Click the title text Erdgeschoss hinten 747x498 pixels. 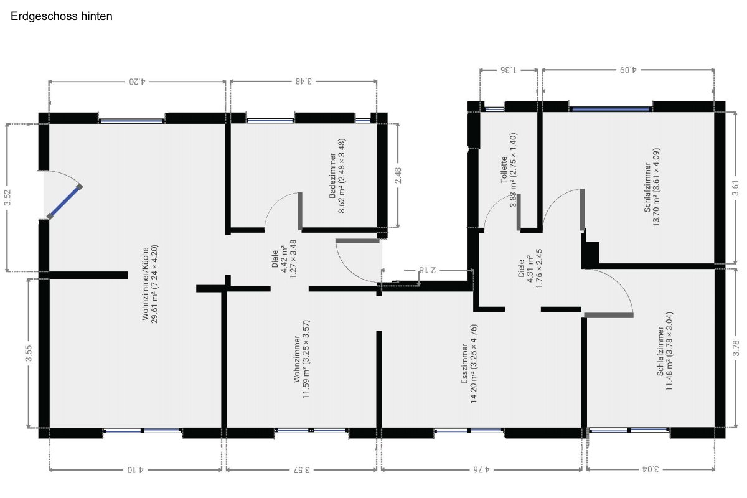pyautogui.click(x=62, y=16)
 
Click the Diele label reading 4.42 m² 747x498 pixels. pyautogui.click(x=284, y=259)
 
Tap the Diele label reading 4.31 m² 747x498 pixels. pyautogui.click(x=530, y=268)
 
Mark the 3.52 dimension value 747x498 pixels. pyautogui.click(x=7, y=197)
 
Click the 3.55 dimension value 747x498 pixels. pyautogui.click(x=29, y=353)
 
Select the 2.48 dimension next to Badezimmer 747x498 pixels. pyautogui.click(x=398, y=176)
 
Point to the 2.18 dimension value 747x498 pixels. pyautogui.click(x=428, y=270)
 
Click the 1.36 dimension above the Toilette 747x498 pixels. pyautogui.click(x=508, y=70)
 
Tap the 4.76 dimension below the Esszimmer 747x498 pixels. pyautogui.click(x=481, y=469)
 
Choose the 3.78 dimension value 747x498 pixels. pyautogui.click(x=736, y=348)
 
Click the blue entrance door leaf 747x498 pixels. pyautogui.click(x=65, y=202)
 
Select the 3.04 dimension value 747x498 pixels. pyautogui.click(x=651, y=469)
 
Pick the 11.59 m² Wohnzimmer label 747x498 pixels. pyautogui.click(x=302, y=359)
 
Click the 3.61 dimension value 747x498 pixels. pyautogui.click(x=735, y=188)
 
